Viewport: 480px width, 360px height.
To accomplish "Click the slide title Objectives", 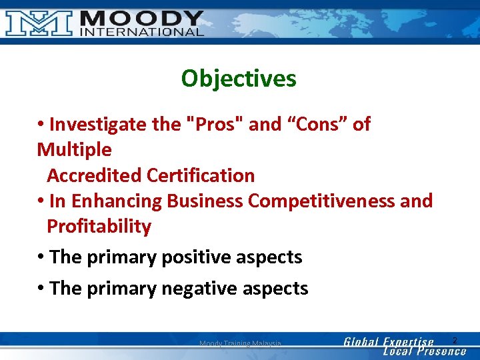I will [239, 79].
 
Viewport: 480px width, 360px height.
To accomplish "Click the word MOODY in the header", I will [141, 17].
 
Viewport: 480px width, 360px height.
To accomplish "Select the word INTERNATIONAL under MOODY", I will [141, 32].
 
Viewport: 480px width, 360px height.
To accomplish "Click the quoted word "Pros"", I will [215, 124].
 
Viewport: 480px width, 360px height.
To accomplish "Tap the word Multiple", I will [74, 149].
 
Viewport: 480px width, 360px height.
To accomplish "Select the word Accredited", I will [94, 175].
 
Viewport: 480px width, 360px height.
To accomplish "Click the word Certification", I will [201, 175].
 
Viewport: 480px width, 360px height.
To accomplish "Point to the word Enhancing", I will [117, 201].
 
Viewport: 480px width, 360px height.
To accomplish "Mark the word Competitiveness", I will [323, 201].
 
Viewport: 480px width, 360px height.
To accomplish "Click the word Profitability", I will [99, 226].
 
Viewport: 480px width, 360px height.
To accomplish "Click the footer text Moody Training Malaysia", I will [240, 343].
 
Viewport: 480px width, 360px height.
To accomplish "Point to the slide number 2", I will [455, 341].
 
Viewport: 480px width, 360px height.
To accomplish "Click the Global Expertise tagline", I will [389, 342].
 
